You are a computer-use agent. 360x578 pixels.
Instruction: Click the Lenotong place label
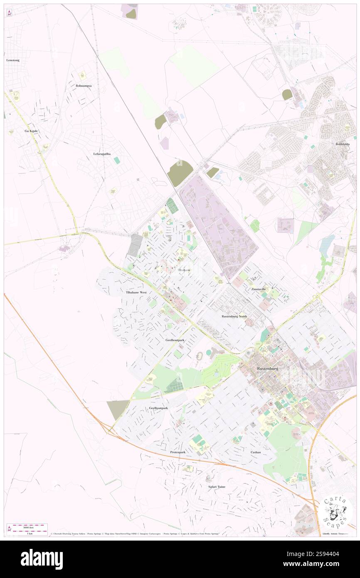click(x=13, y=60)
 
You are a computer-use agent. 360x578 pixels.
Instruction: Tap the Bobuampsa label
click(x=84, y=86)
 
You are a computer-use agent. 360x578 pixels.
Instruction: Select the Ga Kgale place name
click(x=31, y=131)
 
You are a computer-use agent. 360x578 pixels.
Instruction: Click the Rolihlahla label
click(x=343, y=144)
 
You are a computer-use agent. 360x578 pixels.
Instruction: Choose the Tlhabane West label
click(x=137, y=292)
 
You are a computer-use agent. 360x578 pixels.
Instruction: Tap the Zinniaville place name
click(x=258, y=289)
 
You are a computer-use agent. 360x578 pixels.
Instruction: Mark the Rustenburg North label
click(x=234, y=316)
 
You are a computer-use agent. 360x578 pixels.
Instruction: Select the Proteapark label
click(x=178, y=452)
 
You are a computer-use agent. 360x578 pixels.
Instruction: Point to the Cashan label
click(x=256, y=452)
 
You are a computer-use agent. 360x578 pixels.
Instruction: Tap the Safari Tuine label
click(x=216, y=487)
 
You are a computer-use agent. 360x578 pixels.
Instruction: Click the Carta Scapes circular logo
click(x=336, y=510)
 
